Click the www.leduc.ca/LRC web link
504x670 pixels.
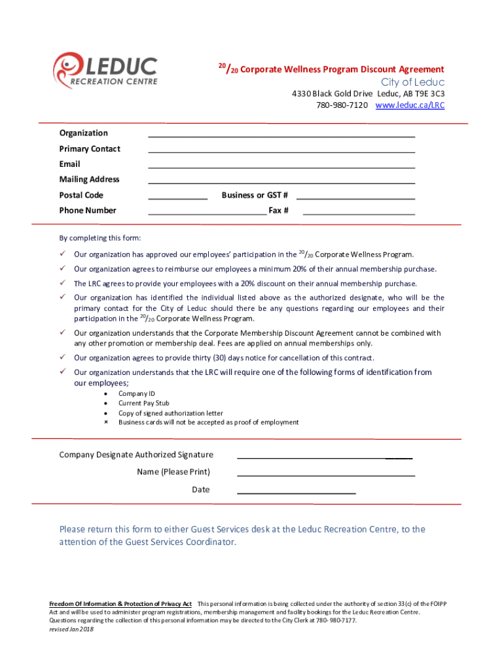coord(410,105)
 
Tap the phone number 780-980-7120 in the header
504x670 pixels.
coord(342,105)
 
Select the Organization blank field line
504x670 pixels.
coord(281,135)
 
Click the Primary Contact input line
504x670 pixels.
coord(281,151)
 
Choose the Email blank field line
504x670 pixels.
coord(281,167)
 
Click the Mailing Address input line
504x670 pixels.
coord(281,183)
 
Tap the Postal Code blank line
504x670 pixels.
coord(178,198)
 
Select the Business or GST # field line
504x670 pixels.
coord(356,198)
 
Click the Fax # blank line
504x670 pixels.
coord(359,213)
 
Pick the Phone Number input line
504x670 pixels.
coord(207,213)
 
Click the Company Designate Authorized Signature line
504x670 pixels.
coord(325,457)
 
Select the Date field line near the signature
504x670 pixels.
coord(296,491)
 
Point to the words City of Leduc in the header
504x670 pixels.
coord(413,82)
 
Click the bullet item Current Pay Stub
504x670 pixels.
coord(143,404)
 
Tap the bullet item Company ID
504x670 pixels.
coord(136,394)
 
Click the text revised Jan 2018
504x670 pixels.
coord(71,629)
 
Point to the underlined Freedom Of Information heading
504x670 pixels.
coord(120,603)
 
